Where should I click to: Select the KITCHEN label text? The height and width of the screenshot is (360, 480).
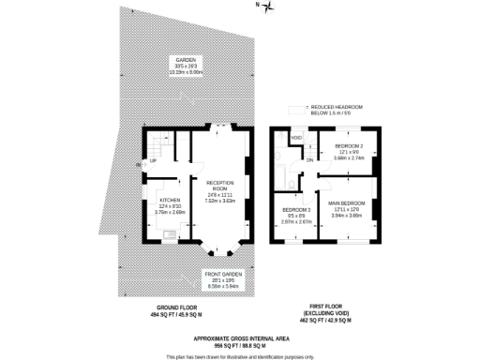click(x=170, y=200)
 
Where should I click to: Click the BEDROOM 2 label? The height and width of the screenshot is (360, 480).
click(x=349, y=147)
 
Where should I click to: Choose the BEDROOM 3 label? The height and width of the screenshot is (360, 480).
click(x=297, y=209)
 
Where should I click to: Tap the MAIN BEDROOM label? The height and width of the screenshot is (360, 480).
click(x=347, y=203)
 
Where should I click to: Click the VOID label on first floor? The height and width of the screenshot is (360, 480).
click(x=296, y=139)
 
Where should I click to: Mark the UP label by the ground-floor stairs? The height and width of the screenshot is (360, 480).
click(x=153, y=160)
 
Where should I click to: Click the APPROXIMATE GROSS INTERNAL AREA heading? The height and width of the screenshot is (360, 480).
click(x=239, y=336)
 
